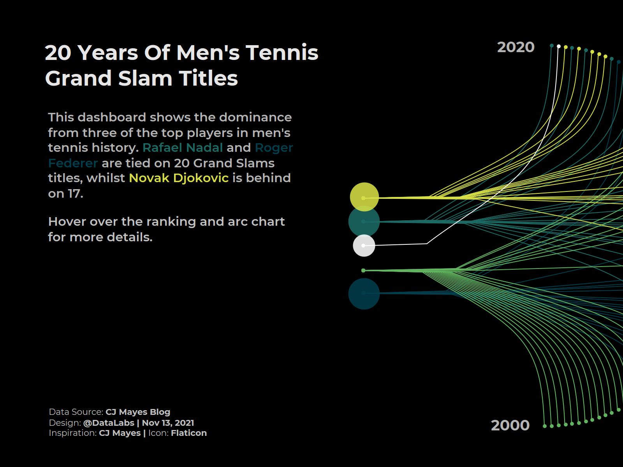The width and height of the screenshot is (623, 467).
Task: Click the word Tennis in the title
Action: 282,53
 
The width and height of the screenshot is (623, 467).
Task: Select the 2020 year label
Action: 516,47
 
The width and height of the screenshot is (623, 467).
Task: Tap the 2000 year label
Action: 510,425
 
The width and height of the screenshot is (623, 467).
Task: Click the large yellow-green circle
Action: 364,197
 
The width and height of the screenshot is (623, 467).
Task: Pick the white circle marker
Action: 364,246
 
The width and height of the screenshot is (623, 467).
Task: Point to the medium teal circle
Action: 364,221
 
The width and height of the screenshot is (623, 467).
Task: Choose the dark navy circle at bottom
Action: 364,294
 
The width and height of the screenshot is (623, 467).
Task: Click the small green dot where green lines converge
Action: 363,270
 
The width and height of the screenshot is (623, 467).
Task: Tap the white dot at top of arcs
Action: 559,46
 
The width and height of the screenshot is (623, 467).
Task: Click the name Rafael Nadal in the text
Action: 183,148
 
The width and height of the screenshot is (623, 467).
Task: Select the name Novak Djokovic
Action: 179,178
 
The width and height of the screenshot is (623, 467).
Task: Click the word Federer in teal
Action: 73,163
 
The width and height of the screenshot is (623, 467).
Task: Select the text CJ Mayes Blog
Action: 138,412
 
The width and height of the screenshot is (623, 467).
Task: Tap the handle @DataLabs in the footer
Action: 109,423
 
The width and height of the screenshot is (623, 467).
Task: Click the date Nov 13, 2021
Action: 168,423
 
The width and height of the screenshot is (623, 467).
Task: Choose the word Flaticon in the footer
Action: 189,433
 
